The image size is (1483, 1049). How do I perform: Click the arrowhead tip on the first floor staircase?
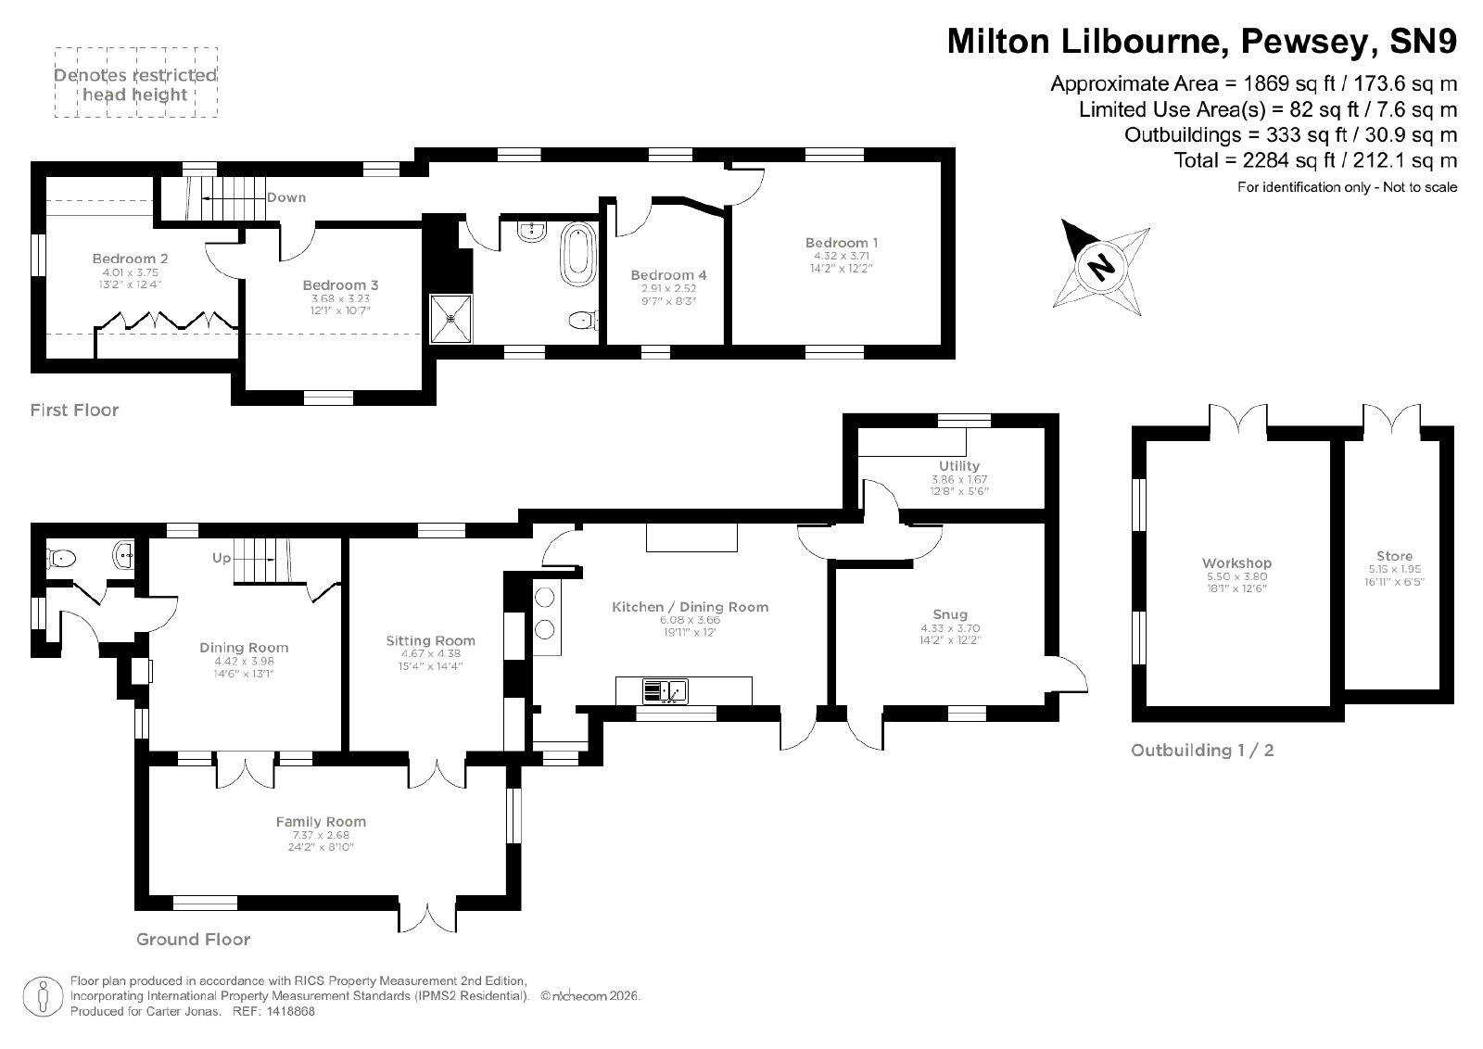pos(203,198)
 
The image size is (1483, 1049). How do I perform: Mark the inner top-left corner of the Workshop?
pos(1147,441)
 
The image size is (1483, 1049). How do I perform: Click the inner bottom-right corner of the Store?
pos(1440,689)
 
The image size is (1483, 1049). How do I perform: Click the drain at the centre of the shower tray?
pos(450,319)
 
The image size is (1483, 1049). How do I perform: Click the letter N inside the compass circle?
pos(1101,268)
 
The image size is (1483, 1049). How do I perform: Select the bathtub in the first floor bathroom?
pos(578,254)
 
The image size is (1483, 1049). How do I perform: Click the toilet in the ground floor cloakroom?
pos(59,559)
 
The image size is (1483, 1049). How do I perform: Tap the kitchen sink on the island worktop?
pos(665,691)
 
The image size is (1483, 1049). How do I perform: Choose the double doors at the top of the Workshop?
pos(1238,422)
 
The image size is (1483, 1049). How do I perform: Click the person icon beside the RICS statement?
pos(43,997)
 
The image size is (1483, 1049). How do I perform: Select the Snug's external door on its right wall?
pos(1067,675)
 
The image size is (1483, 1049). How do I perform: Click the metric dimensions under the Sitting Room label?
pos(430,654)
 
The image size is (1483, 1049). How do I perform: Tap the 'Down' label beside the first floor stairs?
pos(286,197)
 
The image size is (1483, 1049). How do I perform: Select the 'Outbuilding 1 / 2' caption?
pos(1202,751)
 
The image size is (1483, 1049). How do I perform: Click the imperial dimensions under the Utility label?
pos(959,491)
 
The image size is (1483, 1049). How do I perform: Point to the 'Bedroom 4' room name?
pos(668,274)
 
